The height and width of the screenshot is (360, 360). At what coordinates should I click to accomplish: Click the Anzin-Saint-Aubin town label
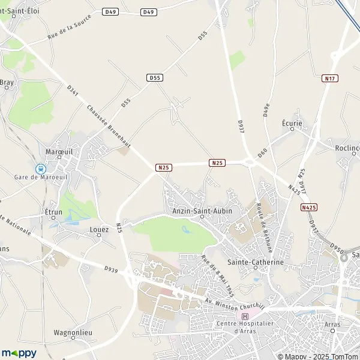click(202, 211)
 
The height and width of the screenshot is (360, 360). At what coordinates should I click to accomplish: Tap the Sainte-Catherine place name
click(255, 263)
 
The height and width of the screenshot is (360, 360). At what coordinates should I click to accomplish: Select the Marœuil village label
click(59, 151)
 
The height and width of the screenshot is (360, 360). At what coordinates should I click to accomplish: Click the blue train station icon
click(40, 169)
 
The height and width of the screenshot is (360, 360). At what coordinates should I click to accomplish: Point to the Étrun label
click(53, 212)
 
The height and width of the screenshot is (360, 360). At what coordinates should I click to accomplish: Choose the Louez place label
click(99, 229)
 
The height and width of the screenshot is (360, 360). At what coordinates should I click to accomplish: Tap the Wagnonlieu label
click(72, 331)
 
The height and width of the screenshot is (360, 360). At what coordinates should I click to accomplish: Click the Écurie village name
click(292, 123)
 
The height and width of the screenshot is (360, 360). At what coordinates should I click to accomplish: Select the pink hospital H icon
click(244, 316)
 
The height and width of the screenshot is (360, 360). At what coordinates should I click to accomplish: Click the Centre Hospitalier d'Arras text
click(245, 328)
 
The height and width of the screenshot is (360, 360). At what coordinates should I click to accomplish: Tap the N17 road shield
click(329, 78)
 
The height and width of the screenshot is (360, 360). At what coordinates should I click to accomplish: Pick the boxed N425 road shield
click(308, 207)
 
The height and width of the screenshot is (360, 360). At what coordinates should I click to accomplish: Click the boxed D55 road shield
click(154, 77)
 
